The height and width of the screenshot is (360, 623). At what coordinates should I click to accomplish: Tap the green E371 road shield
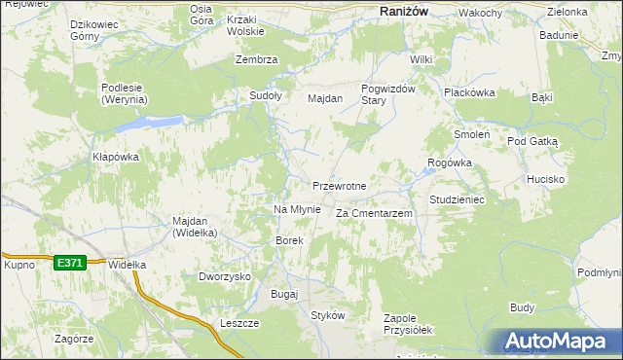tap(69, 263)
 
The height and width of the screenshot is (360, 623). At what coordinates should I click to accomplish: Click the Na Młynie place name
tap(297, 209)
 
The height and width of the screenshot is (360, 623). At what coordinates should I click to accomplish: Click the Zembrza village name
tap(257, 59)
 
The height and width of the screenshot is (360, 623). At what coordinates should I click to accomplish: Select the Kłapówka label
tap(116, 157)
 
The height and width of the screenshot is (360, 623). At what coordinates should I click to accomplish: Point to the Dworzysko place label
tap(225, 276)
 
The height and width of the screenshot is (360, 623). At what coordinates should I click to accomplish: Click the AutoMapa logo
tap(556, 341)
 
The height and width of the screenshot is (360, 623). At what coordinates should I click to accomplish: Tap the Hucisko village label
tap(546, 180)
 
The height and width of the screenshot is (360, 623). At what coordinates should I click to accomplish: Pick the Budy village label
tap(522, 307)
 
